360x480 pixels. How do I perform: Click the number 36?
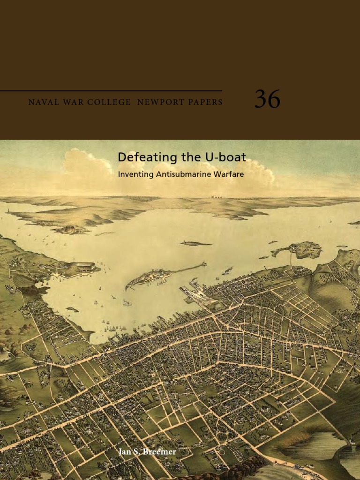click(267, 99)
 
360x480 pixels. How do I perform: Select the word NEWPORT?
click(159, 102)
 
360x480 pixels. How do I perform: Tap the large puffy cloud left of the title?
click(87, 162)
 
